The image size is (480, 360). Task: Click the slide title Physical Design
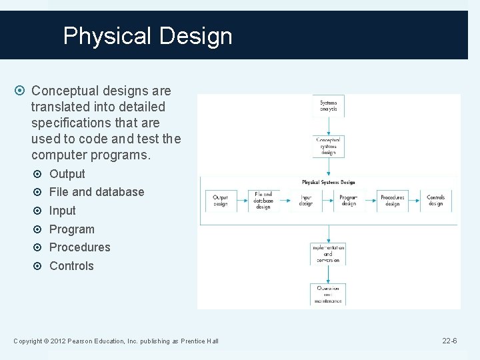point(147,35)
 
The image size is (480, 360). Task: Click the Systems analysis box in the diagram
point(329,106)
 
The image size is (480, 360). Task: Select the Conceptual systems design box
point(328,146)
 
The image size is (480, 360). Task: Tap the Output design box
point(220,201)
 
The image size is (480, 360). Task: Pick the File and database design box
point(263,201)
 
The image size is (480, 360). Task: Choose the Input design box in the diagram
point(306,201)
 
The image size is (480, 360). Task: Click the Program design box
point(349,201)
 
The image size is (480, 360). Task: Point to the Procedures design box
point(392,201)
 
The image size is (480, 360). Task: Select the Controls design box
point(435,201)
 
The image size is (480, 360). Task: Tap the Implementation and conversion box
point(328,253)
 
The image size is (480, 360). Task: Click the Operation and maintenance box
point(328,294)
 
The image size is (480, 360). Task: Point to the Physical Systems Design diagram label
point(329,182)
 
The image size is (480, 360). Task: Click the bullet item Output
point(67,174)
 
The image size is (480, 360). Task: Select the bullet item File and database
point(97,192)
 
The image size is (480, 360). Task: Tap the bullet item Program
point(72,229)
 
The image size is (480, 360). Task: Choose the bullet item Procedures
point(80,247)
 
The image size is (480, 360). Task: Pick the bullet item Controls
point(72,266)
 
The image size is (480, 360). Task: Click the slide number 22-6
point(449,341)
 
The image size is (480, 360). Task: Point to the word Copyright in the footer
point(28,341)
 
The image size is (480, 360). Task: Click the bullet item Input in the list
point(63,211)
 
